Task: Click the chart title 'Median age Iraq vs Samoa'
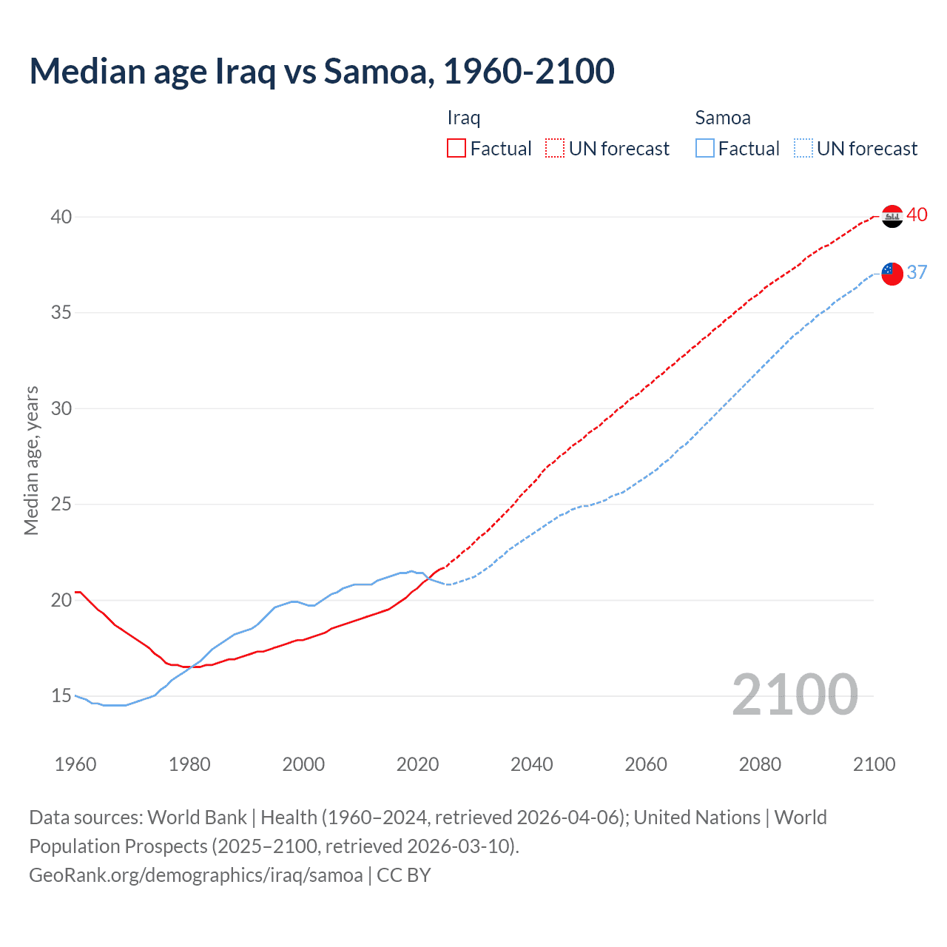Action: click(x=322, y=71)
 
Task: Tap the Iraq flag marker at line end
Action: click(x=892, y=217)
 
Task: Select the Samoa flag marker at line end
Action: click(x=892, y=274)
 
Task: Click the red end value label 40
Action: click(x=917, y=215)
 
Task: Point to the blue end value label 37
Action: click(x=917, y=272)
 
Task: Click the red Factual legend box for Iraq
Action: click(x=456, y=149)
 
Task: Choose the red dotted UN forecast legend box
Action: click(x=555, y=149)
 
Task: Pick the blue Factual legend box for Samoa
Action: click(x=705, y=149)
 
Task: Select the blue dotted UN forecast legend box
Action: click(x=803, y=149)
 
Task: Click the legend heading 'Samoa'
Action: click(x=722, y=118)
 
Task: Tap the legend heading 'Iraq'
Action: click(x=464, y=118)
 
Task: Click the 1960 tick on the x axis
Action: click(x=75, y=764)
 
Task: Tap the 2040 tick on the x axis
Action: click(x=532, y=764)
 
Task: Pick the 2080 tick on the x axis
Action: click(x=760, y=764)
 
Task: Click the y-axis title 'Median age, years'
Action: click(x=31, y=460)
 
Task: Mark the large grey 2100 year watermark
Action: click(x=795, y=695)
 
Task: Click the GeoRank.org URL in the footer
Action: click(x=196, y=875)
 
